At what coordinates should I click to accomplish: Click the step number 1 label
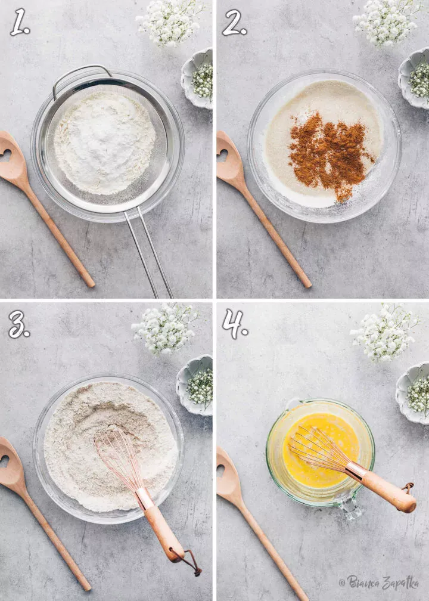20,22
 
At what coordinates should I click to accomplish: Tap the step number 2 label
234,23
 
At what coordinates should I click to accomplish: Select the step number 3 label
19,324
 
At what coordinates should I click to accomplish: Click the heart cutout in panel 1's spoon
7,155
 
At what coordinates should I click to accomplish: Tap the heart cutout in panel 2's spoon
223,155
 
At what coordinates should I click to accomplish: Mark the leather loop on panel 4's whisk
408,488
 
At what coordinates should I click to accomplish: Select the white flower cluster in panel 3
165,328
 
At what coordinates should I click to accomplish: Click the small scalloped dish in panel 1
198,79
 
